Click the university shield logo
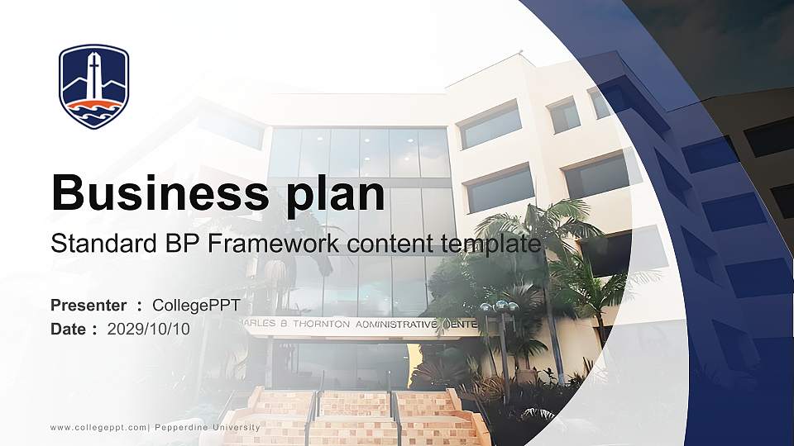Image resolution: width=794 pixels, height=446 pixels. pos(94,87)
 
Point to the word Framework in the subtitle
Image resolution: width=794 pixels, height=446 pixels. pos(266,244)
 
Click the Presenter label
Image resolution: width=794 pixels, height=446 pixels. pos(88,306)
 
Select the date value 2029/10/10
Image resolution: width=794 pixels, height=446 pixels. pos(149,329)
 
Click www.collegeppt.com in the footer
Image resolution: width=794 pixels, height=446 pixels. pos(98,427)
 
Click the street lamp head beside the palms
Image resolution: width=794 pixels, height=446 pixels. pos(500,307)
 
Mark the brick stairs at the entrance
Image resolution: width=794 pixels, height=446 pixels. pos(356,417)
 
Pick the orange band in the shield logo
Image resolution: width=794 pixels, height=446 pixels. pos(94,105)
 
